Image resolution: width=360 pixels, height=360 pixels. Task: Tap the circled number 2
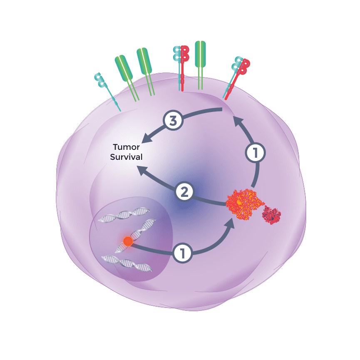point(184,192)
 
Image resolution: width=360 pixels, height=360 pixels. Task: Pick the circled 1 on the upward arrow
point(255,153)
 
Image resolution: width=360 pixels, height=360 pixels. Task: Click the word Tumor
point(126,147)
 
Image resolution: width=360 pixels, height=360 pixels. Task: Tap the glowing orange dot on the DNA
point(128,241)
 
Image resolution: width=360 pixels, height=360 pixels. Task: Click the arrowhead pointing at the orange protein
point(229,224)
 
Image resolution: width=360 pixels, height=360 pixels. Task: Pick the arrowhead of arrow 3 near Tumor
point(146,137)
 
